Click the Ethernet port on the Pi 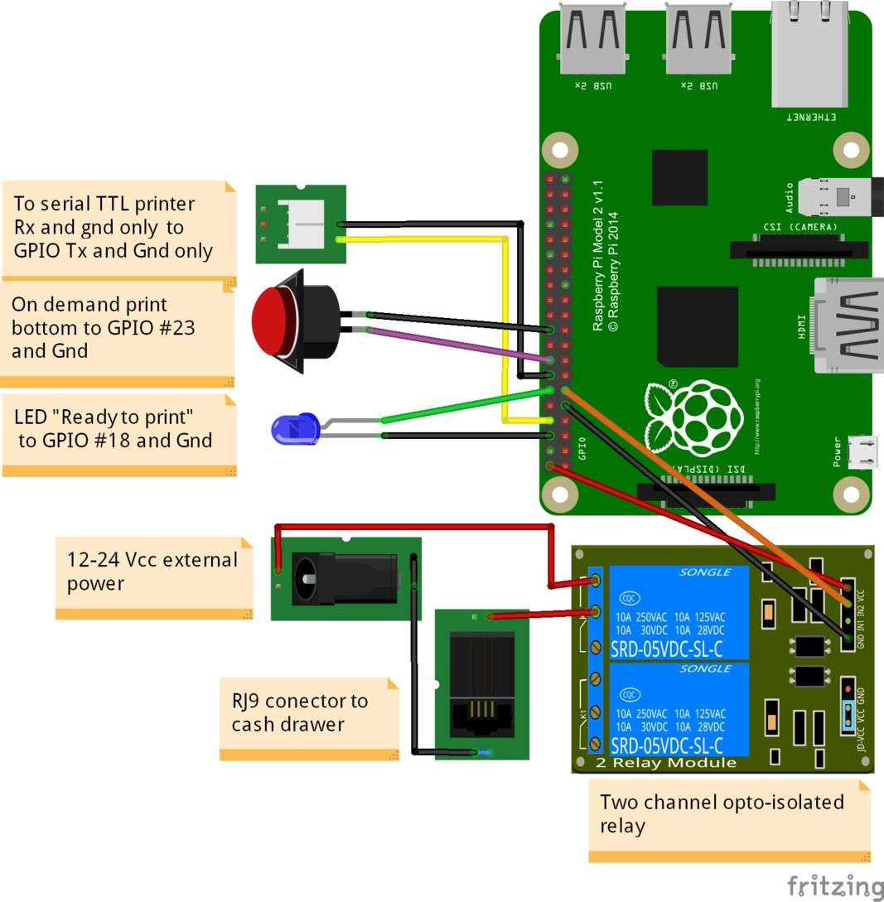tap(809, 58)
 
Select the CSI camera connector tap(798, 249)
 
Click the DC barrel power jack tap(348, 576)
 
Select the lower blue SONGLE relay tap(679, 708)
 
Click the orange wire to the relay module tap(704, 489)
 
